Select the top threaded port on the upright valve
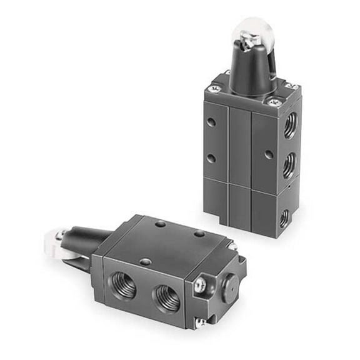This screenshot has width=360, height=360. click(x=289, y=127)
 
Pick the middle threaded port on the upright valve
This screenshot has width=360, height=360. click(x=289, y=167)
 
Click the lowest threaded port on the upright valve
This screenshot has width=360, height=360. click(x=284, y=217)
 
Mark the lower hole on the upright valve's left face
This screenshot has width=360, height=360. click(x=211, y=158)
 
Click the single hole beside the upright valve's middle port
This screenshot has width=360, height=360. click(x=268, y=154)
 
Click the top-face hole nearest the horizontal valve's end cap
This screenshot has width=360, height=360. click(x=199, y=234)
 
